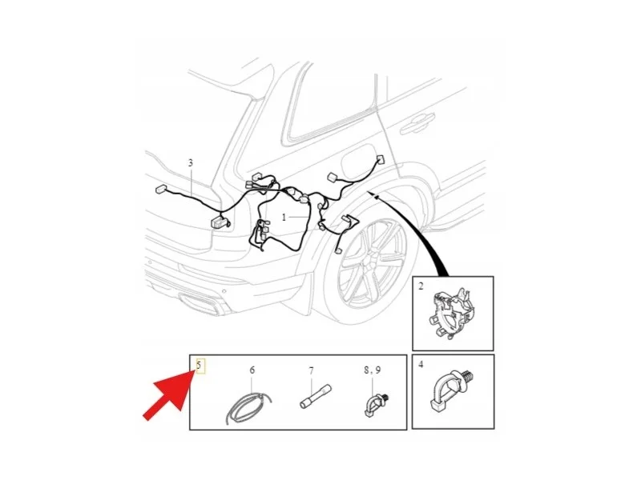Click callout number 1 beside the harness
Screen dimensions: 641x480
[284, 218]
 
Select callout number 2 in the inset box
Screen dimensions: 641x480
[421, 286]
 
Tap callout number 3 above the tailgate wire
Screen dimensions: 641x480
[191, 163]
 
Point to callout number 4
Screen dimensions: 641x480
[421, 364]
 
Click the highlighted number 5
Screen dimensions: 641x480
[199, 365]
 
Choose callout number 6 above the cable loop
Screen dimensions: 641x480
[252, 370]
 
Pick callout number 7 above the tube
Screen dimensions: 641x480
[312, 371]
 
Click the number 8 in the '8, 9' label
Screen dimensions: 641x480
[367, 370]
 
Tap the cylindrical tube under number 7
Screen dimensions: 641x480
[316, 397]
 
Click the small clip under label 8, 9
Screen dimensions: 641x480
[375, 405]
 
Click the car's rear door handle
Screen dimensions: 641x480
[417, 122]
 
